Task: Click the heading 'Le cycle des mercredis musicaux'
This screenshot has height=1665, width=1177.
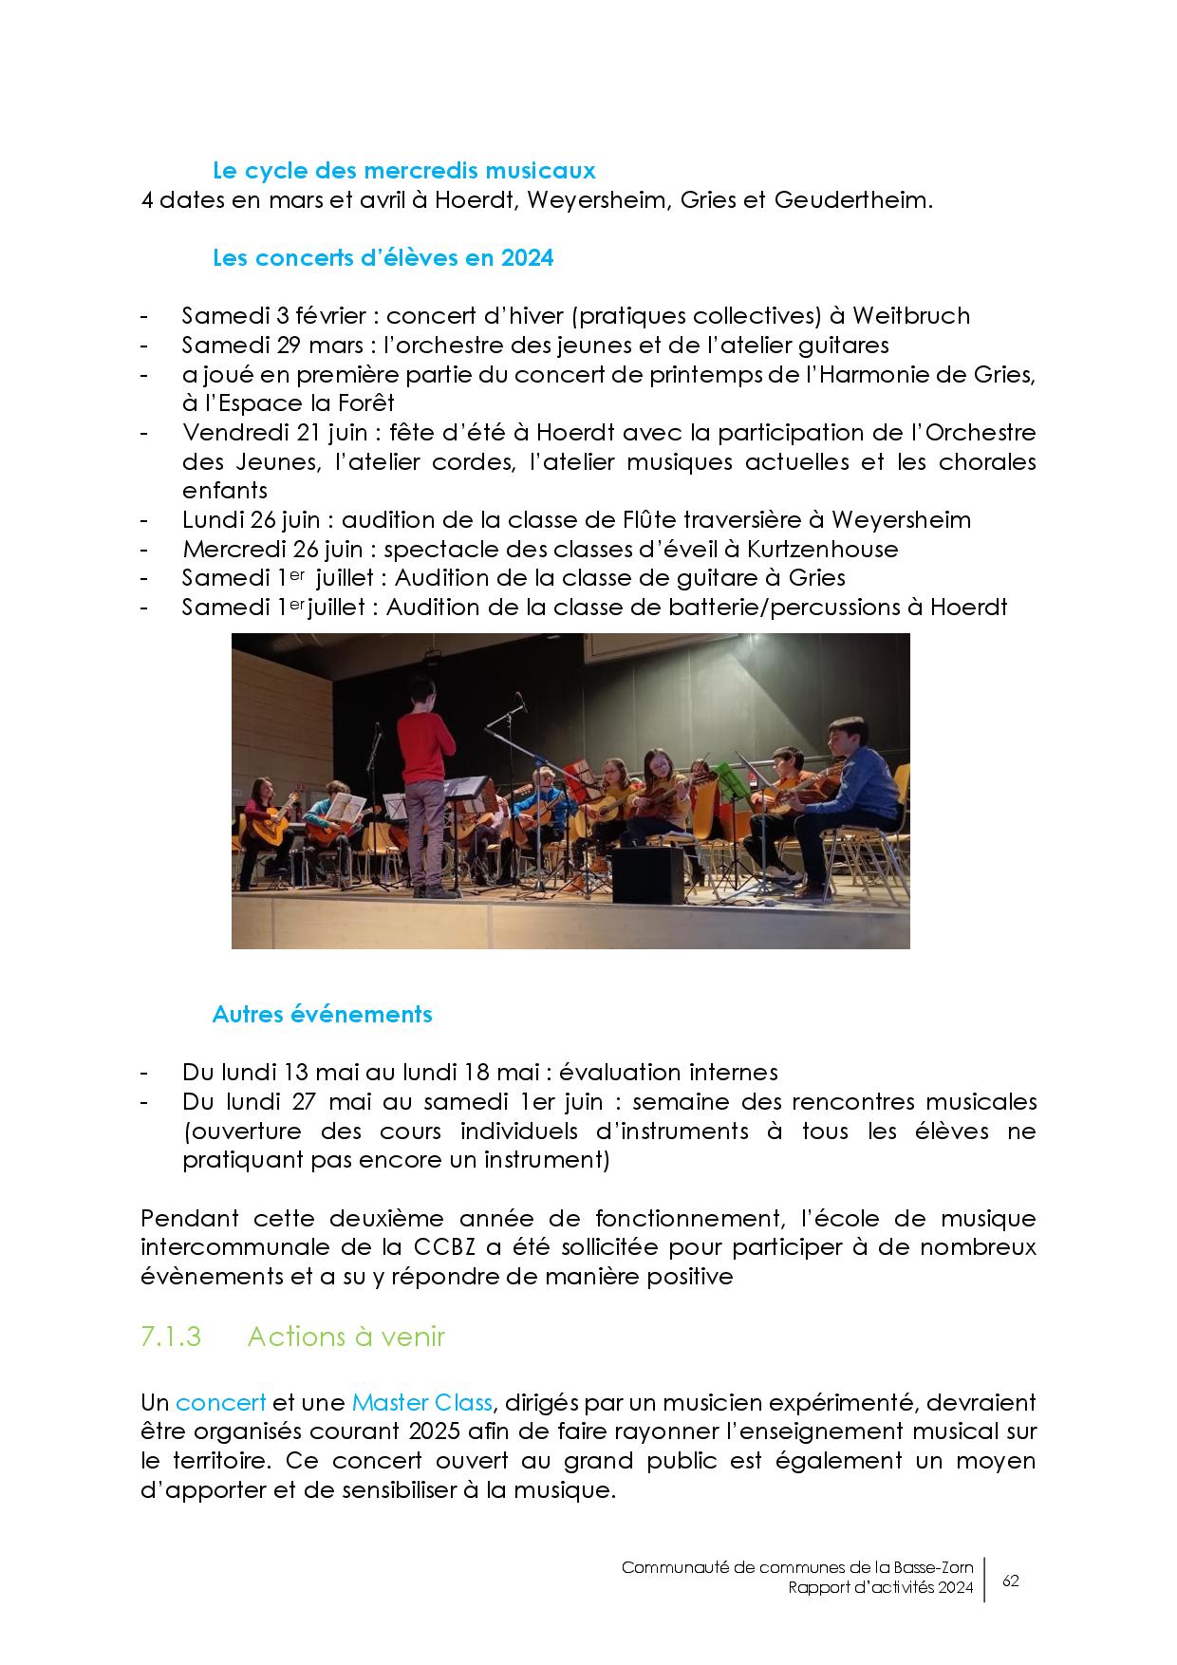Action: (403, 171)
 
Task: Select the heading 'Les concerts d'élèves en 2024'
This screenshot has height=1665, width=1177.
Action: (383, 257)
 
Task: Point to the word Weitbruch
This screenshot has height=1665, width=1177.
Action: (910, 315)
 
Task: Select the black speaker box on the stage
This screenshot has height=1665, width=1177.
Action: (648, 874)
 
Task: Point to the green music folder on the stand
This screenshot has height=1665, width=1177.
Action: (729, 780)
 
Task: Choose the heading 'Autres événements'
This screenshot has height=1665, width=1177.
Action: (322, 1014)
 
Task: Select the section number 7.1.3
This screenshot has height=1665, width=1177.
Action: (170, 1337)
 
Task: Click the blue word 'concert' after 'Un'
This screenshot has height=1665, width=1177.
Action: (220, 1402)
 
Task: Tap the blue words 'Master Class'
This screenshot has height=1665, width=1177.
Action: (421, 1402)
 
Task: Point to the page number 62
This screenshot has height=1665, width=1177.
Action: (1011, 1581)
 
